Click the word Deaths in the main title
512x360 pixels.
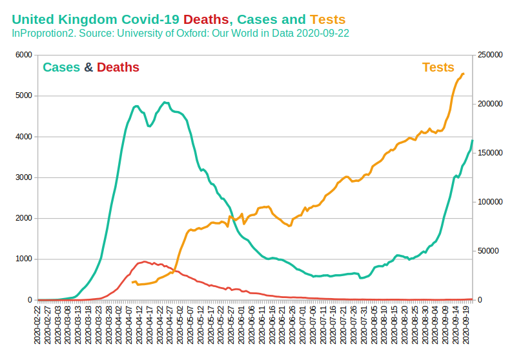click(x=207, y=20)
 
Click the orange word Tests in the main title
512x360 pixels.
click(x=327, y=20)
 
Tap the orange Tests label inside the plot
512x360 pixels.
click(x=438, y=67)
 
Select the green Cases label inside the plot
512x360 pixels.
click(x=61, y=67)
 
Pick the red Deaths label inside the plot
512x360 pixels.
click(x=118, y=67)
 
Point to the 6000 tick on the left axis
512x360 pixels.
click(x=23, y=55)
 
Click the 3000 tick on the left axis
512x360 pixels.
click(x=23, y=177)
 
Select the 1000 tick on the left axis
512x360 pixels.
click(x=23, y=259)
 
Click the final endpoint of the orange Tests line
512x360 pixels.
click(x=464, y=74)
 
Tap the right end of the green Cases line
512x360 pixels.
click(x=472, y=141)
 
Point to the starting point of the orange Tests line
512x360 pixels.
click(x=132, y=283)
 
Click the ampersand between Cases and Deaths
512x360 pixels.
click(x=89, y=67)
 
